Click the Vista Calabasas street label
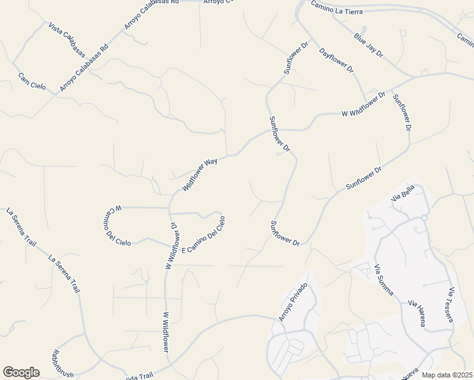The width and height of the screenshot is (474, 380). (x=67, y=42)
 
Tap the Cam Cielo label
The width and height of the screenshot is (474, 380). (x=32, y=82)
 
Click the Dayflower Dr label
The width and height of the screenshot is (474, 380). (x=336, y=61)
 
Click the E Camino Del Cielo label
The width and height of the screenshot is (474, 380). (x=204, y=236)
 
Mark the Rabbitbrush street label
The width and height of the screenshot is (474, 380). (x=64, y=364)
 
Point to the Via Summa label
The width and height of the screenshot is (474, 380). (x=384, y=280)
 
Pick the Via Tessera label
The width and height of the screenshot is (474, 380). (x=451, y=305)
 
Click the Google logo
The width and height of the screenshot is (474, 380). (x=21, y=372)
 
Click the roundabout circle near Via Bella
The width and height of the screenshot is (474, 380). (x=424, y=217)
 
